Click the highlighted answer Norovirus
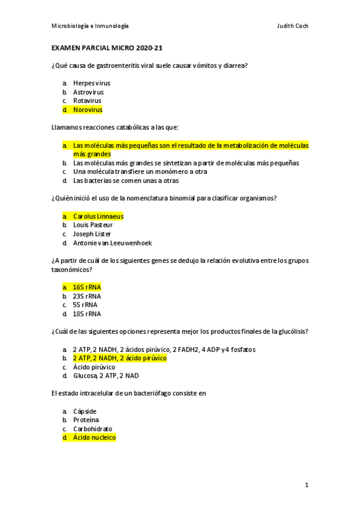(87, 110)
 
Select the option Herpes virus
(91, 83)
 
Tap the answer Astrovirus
(88, 92)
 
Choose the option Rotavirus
(87, 101)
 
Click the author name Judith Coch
(292, 26)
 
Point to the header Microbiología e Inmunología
(90, 26)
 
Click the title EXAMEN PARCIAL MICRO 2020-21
(107, 48)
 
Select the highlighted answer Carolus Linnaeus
(98, 216)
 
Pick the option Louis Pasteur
(93, 225)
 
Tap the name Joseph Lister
(92, 234)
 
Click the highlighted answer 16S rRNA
(87, 287)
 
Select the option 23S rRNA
(87, 296)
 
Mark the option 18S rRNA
(87, 313)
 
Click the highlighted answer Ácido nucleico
(94, 438)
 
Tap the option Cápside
(85, 411)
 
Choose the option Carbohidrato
(93, 429)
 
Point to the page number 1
(307, 485)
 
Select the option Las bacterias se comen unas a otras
(126, 180)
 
